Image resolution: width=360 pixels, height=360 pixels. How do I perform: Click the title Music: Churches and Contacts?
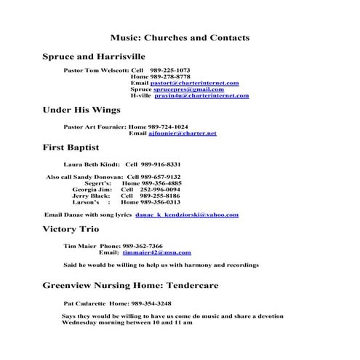180,37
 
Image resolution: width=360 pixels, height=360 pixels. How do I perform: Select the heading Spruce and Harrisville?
94,56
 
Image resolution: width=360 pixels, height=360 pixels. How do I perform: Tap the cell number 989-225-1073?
169,71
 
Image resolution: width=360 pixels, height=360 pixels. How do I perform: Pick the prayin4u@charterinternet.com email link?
201,96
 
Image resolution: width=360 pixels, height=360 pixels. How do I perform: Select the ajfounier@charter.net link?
182,134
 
